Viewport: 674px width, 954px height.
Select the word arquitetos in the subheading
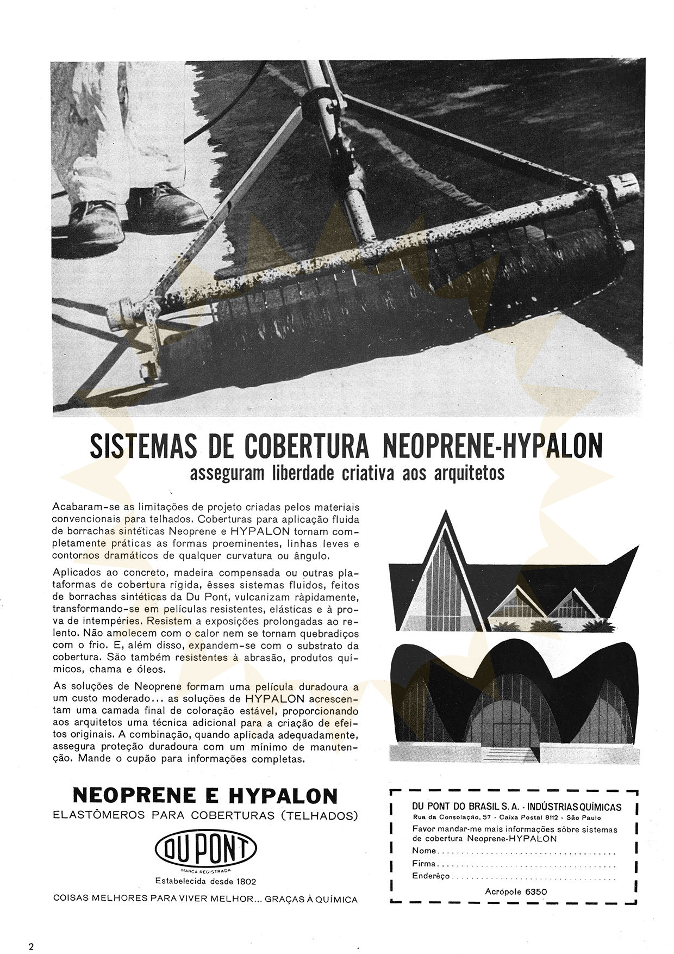(473, 474)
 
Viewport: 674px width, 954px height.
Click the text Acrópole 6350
(515, 891)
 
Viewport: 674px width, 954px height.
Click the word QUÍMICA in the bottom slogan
(336, 900)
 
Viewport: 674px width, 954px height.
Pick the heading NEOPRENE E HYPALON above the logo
(205, 796)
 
